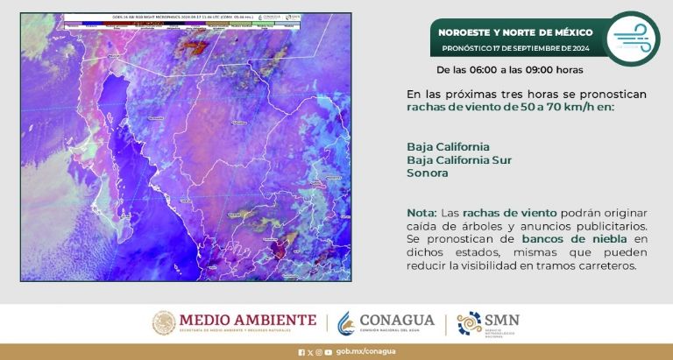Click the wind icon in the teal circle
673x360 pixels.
point(632,39)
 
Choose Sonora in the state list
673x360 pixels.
point(428,173)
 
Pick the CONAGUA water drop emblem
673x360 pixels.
point(349,322)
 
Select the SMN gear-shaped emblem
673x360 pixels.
point(469,323)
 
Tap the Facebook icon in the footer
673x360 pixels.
point(302,352)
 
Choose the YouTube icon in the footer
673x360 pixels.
point(328,352)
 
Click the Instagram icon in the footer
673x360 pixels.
point(319,352)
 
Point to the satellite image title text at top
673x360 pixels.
point(184,18)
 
